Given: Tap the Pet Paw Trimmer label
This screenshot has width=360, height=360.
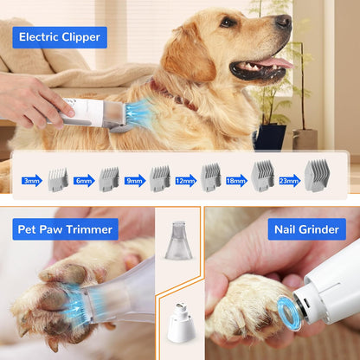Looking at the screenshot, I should (65, 229).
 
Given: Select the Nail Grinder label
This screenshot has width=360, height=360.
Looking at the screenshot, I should (306, 229).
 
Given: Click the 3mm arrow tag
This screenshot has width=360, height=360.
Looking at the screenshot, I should (31, 181).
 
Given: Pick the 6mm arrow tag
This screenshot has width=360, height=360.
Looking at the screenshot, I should (83, 181).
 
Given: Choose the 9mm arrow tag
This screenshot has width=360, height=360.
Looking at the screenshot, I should (134, 181).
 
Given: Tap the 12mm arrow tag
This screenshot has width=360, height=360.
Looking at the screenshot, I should (185, 181).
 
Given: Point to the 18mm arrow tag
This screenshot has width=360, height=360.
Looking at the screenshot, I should (236, 181).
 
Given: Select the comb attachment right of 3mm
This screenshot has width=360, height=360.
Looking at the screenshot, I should (57, 179).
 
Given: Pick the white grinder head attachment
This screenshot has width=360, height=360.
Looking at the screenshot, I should (179, 323).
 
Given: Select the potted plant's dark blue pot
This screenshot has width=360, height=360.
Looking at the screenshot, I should (272, 137).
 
